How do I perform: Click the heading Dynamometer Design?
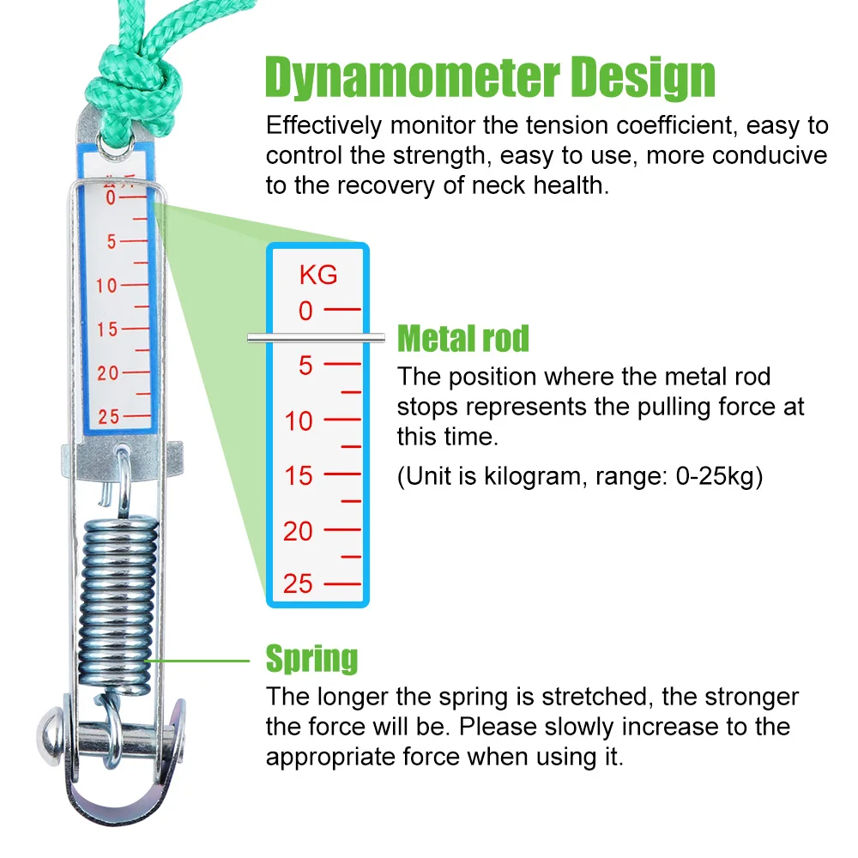coord(490,78)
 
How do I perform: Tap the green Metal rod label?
coord(463,339)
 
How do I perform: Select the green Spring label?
coord(311,659)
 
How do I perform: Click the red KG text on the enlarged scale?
coord(318,275)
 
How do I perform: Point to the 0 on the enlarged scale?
coord(306,311)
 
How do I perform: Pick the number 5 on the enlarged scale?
coord(306,366)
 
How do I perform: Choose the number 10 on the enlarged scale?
coord(299,421)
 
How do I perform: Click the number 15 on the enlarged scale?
coord(299,476)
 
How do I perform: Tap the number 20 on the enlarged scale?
coord(299,531)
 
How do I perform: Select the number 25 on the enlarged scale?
coord(299,584)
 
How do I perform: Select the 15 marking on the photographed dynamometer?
coord(107,329)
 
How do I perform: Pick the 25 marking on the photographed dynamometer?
coord(109,418)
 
